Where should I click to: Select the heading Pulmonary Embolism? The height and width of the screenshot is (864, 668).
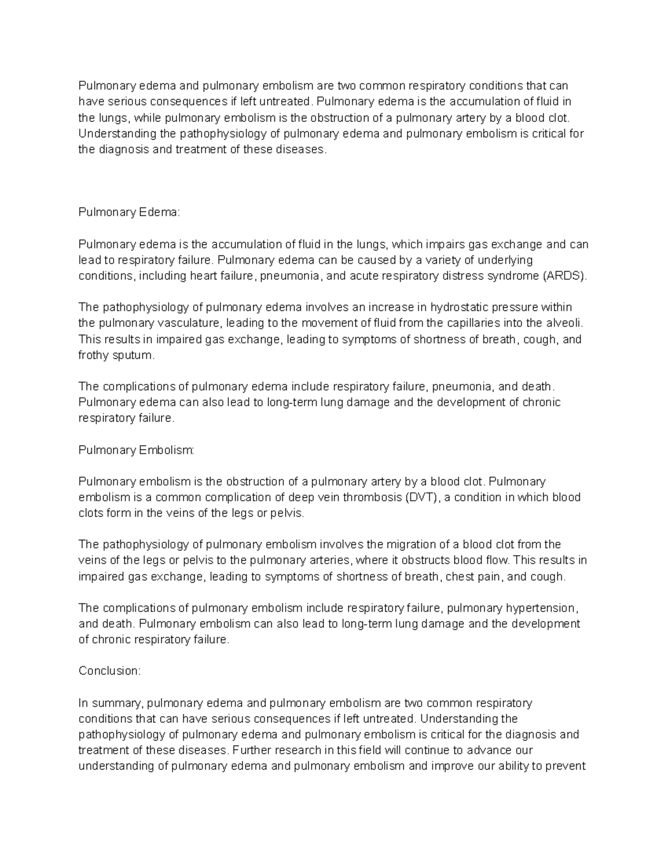point(136,450)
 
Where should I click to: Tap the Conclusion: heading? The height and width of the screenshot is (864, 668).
point(110,671)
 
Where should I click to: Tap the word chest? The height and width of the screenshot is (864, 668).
point(460,576)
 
